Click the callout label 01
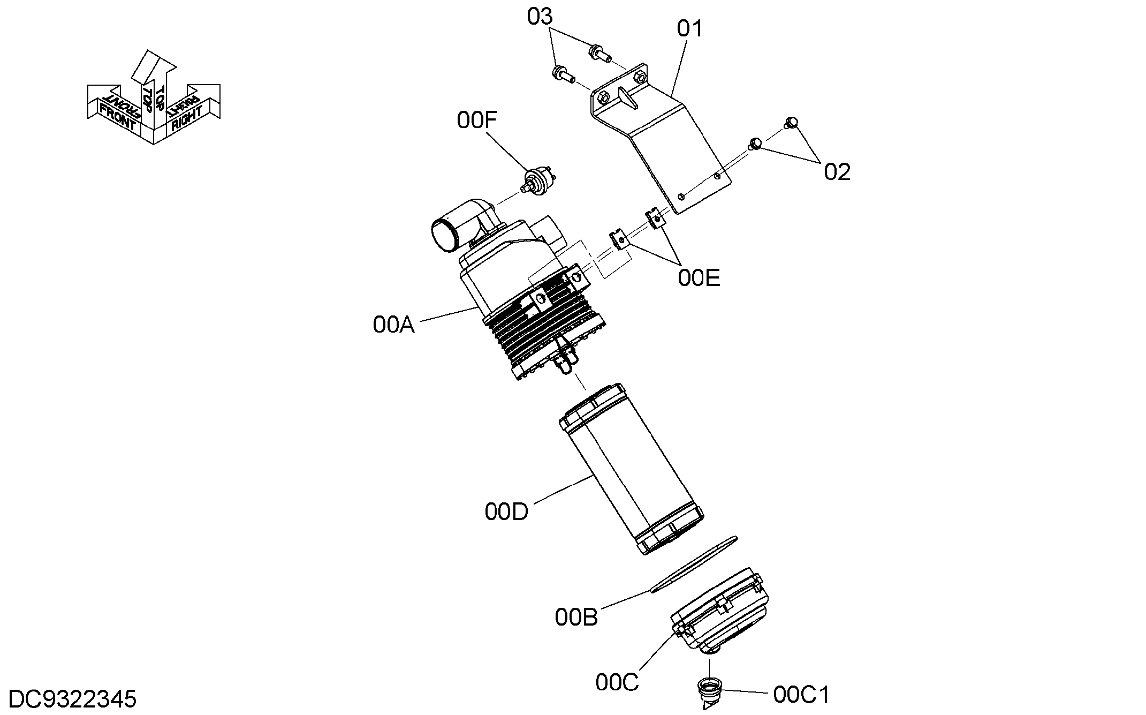tap(690, 28)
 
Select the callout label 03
tap(540, 17)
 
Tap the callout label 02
tap(837, 172)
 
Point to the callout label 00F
tap(477, 121)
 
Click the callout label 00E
tap(699, 278)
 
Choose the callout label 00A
tap(394, 325)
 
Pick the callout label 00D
tap(506, 511)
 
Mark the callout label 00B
tap(576, 618)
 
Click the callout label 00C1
tap(801, 695)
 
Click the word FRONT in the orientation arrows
tap(118, 117)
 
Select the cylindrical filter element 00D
tap(632, 469)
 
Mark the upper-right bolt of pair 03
tap(600, 52)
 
